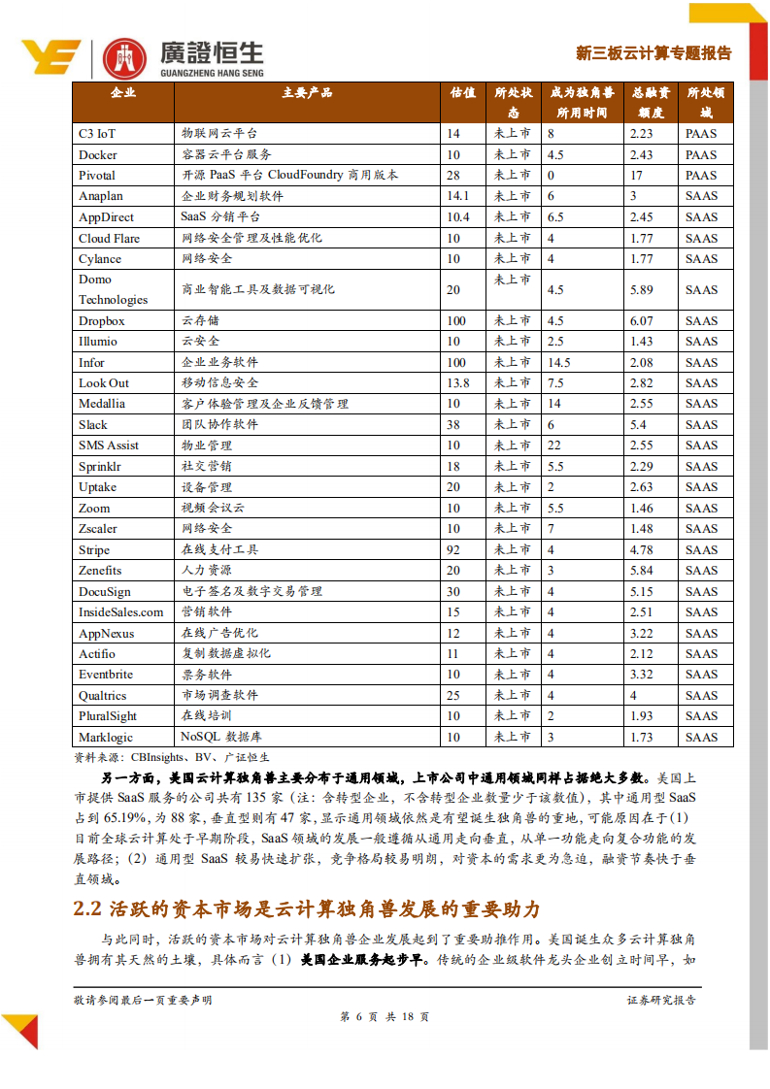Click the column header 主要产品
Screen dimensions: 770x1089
307,93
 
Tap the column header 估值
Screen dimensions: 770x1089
463,93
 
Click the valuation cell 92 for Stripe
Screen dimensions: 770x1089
453,550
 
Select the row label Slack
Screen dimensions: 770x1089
93,425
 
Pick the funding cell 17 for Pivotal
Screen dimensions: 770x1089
636,176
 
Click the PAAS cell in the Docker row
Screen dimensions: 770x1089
701,155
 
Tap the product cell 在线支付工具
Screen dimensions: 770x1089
219,550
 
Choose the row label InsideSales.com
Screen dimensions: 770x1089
121,612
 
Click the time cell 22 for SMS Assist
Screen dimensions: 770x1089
554,445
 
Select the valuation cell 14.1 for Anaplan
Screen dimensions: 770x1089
457,196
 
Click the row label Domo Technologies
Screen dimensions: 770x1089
113,289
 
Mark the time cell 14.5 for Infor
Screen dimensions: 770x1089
559,363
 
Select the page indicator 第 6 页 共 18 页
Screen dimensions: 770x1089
385,1017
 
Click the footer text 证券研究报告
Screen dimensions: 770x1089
661,1000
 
